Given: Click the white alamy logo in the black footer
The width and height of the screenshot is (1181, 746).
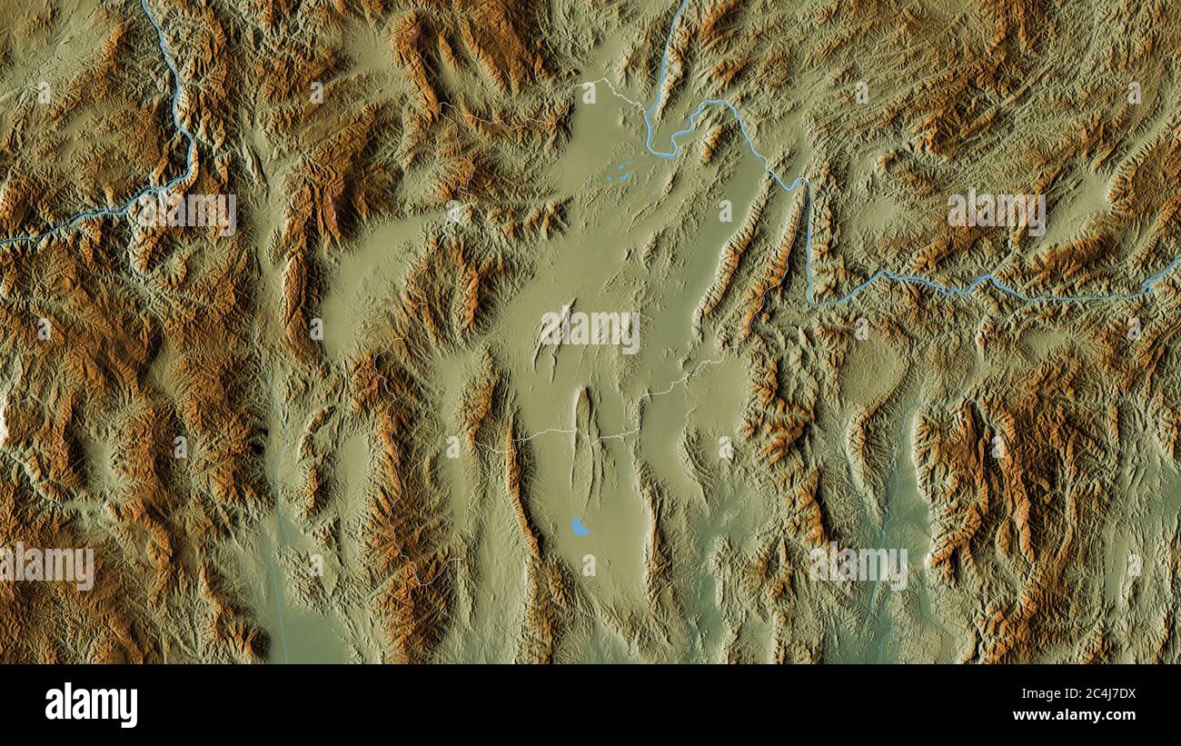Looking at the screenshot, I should tap(91, 705).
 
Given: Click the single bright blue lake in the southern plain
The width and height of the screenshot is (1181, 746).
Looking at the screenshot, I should tap(578, 526).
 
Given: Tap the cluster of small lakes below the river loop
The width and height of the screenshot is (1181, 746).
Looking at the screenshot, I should tap(620, 172).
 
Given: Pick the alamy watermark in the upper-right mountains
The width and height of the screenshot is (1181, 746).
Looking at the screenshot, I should tap(996, 213).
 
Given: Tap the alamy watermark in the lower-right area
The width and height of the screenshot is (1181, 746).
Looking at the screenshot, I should tap(858, 567).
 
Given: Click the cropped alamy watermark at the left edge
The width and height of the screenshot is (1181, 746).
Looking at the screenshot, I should tap(45, 567).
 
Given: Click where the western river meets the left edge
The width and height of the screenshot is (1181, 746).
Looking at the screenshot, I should tap(3, 242).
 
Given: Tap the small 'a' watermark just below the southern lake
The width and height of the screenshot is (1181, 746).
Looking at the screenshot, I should tap(589, 565).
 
